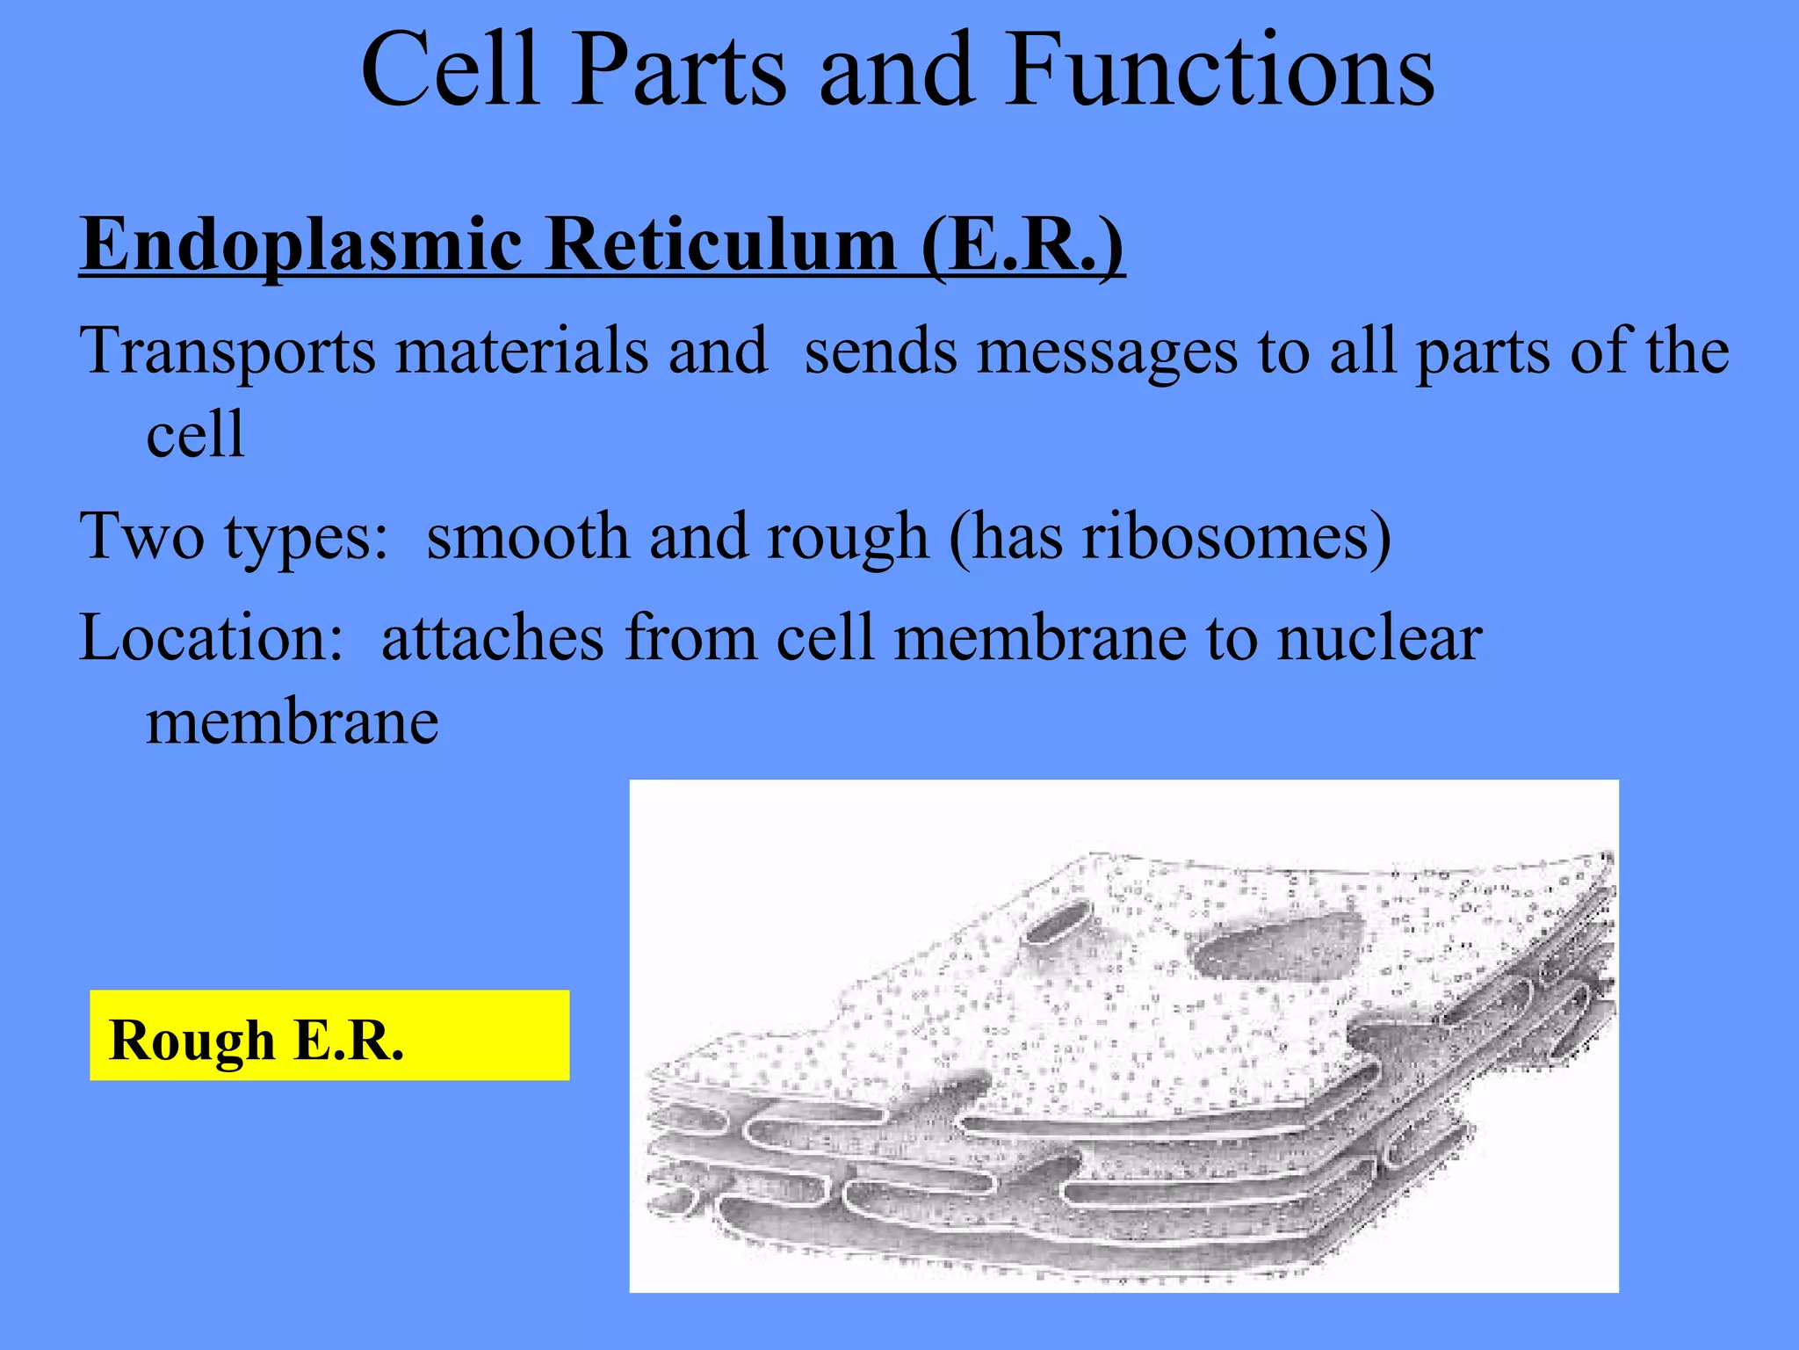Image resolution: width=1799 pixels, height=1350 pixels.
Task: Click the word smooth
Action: pos(527,536)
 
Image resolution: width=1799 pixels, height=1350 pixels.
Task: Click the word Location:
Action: pos(212,637)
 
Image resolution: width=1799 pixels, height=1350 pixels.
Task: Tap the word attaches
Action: pos(492,637)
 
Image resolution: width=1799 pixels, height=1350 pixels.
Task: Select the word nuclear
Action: pos(1379,637)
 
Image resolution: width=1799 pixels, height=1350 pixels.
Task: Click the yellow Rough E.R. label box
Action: pos(329,1035)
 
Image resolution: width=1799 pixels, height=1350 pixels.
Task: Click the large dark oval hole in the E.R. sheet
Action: pos(1278,948)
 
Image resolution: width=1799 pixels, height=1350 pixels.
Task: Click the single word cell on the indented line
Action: pos(195,435)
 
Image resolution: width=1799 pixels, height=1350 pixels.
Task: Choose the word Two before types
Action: pos(141,536)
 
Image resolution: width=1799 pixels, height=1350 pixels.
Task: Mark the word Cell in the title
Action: pos(449,70)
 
